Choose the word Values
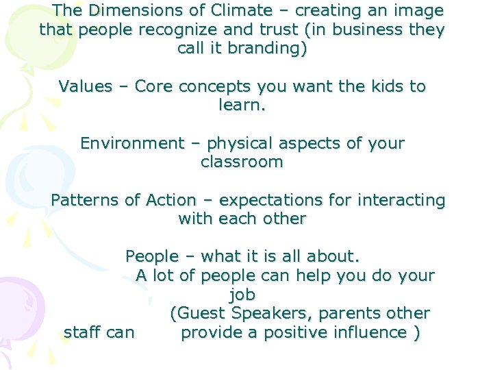85,87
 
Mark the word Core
156,87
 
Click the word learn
241,106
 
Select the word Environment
132,144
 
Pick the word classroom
241,163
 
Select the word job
242,295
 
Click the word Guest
202,314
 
